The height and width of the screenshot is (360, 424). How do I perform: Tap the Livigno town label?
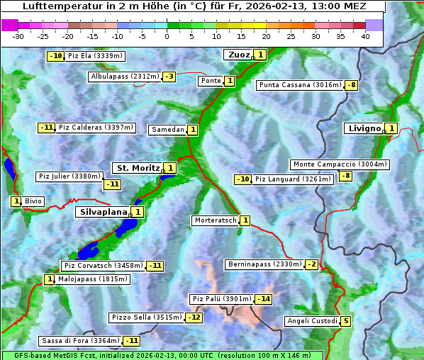[x=364, y=128]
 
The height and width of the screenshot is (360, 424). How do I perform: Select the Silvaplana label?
[x=103, y=211]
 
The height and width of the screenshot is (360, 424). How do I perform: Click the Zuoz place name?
[x=237, y=55]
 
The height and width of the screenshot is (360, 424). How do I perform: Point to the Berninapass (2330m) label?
[x=264, y=264]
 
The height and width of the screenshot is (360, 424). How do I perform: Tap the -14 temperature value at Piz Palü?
[x=263, y=299]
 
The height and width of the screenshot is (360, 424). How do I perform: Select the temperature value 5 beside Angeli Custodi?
[x=345, y=321]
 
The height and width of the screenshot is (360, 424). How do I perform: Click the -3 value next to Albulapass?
[x=169, y=77]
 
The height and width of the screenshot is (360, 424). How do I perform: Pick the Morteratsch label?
[x=215, y=220]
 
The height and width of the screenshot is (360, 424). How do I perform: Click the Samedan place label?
[x=167, y=130]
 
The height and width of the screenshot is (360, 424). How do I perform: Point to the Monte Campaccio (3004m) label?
[x=340, y=164]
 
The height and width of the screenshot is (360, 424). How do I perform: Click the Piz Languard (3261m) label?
[x=293, y=179]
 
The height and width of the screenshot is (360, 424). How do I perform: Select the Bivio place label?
[x=33, y=201]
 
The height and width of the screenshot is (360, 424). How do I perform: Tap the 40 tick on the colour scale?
[x=365, y=36]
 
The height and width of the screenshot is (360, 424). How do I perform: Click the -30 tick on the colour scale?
[x=18, y=36]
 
